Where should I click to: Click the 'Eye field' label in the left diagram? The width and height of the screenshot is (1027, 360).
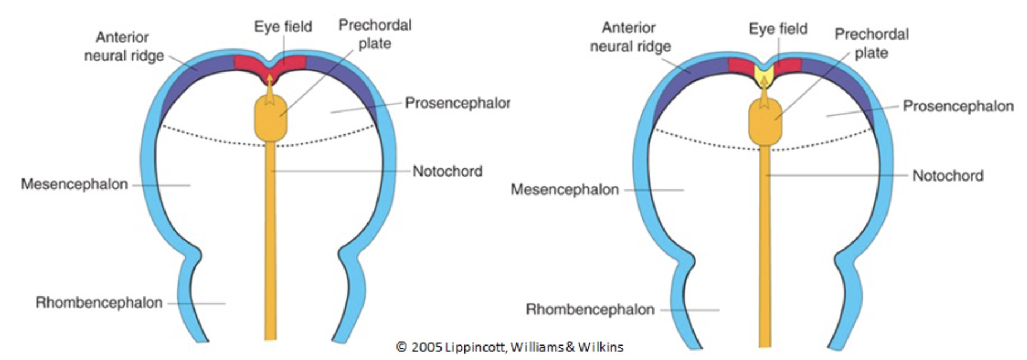pyautogui.click(x=283, y=26)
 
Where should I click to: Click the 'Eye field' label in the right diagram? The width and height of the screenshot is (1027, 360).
pyautogui.click(x=778, y=28)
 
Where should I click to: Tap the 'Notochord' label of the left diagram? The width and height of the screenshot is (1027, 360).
pyautogui.click(x=447, y=171)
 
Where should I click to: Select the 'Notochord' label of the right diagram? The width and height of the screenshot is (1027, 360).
pyautogui.click(x=947, y=176)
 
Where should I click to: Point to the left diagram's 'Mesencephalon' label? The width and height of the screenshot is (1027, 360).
pyautogui.click(x=74, y=184)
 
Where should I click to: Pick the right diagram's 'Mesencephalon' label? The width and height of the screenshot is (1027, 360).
pyautogui.click(x=565, y=190)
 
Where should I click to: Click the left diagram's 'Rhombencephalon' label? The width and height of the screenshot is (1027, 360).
pyautogui.click(x=99, y=303)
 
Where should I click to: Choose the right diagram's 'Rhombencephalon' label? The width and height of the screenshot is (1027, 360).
pyautogui.click(x=590, y=309)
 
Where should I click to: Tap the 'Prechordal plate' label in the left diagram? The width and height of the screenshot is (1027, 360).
pyautogui.click(x=375, y=34)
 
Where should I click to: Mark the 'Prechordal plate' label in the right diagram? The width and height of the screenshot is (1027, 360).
pyautogui.click(x=871, y=43)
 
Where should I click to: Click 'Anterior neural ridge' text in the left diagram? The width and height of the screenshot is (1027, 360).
pyautogui.click(x=123, y=46)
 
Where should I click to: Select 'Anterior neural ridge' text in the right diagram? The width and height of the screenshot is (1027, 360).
pyautogui.click(x=630, y=37)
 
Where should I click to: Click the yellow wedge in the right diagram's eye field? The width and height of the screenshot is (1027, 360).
pyautogui.click(x=764, y=73)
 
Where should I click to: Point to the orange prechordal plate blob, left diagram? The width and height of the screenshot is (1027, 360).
pyautogui.click(x=270, y=118)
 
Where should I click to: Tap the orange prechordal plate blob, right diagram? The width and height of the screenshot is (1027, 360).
pyautogui.click(x=765, y=123)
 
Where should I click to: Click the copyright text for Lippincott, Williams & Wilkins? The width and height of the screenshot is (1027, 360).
pyautogui.click(x=510, y=347)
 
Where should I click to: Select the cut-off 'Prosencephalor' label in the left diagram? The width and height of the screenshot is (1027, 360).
pyautogui.click(x=457, y=103)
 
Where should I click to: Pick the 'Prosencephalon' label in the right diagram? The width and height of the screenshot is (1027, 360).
pyautogui.click(x=958, y=106)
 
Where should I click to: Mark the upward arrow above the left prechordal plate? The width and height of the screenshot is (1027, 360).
pyautogui.click(x=270, y=89)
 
